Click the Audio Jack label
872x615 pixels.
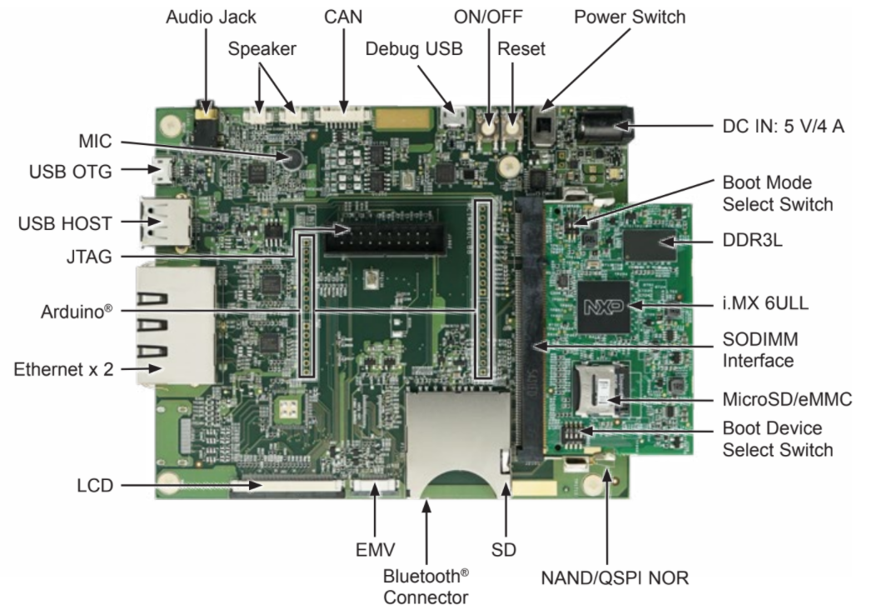click(211, 17)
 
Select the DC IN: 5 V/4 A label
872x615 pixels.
click(783, 127)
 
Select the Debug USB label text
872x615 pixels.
click(414, 48)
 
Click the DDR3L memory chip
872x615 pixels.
click(650, 243)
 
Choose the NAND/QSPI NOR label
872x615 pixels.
click(615, 577)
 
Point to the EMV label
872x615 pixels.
click(375, 550)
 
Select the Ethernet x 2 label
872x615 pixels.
click(63, 369)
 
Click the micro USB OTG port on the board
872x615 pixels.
click(162, 171)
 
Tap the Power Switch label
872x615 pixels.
click(630, 17)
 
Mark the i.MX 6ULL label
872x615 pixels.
click(765, 303)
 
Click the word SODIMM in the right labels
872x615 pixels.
click(760, 339)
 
